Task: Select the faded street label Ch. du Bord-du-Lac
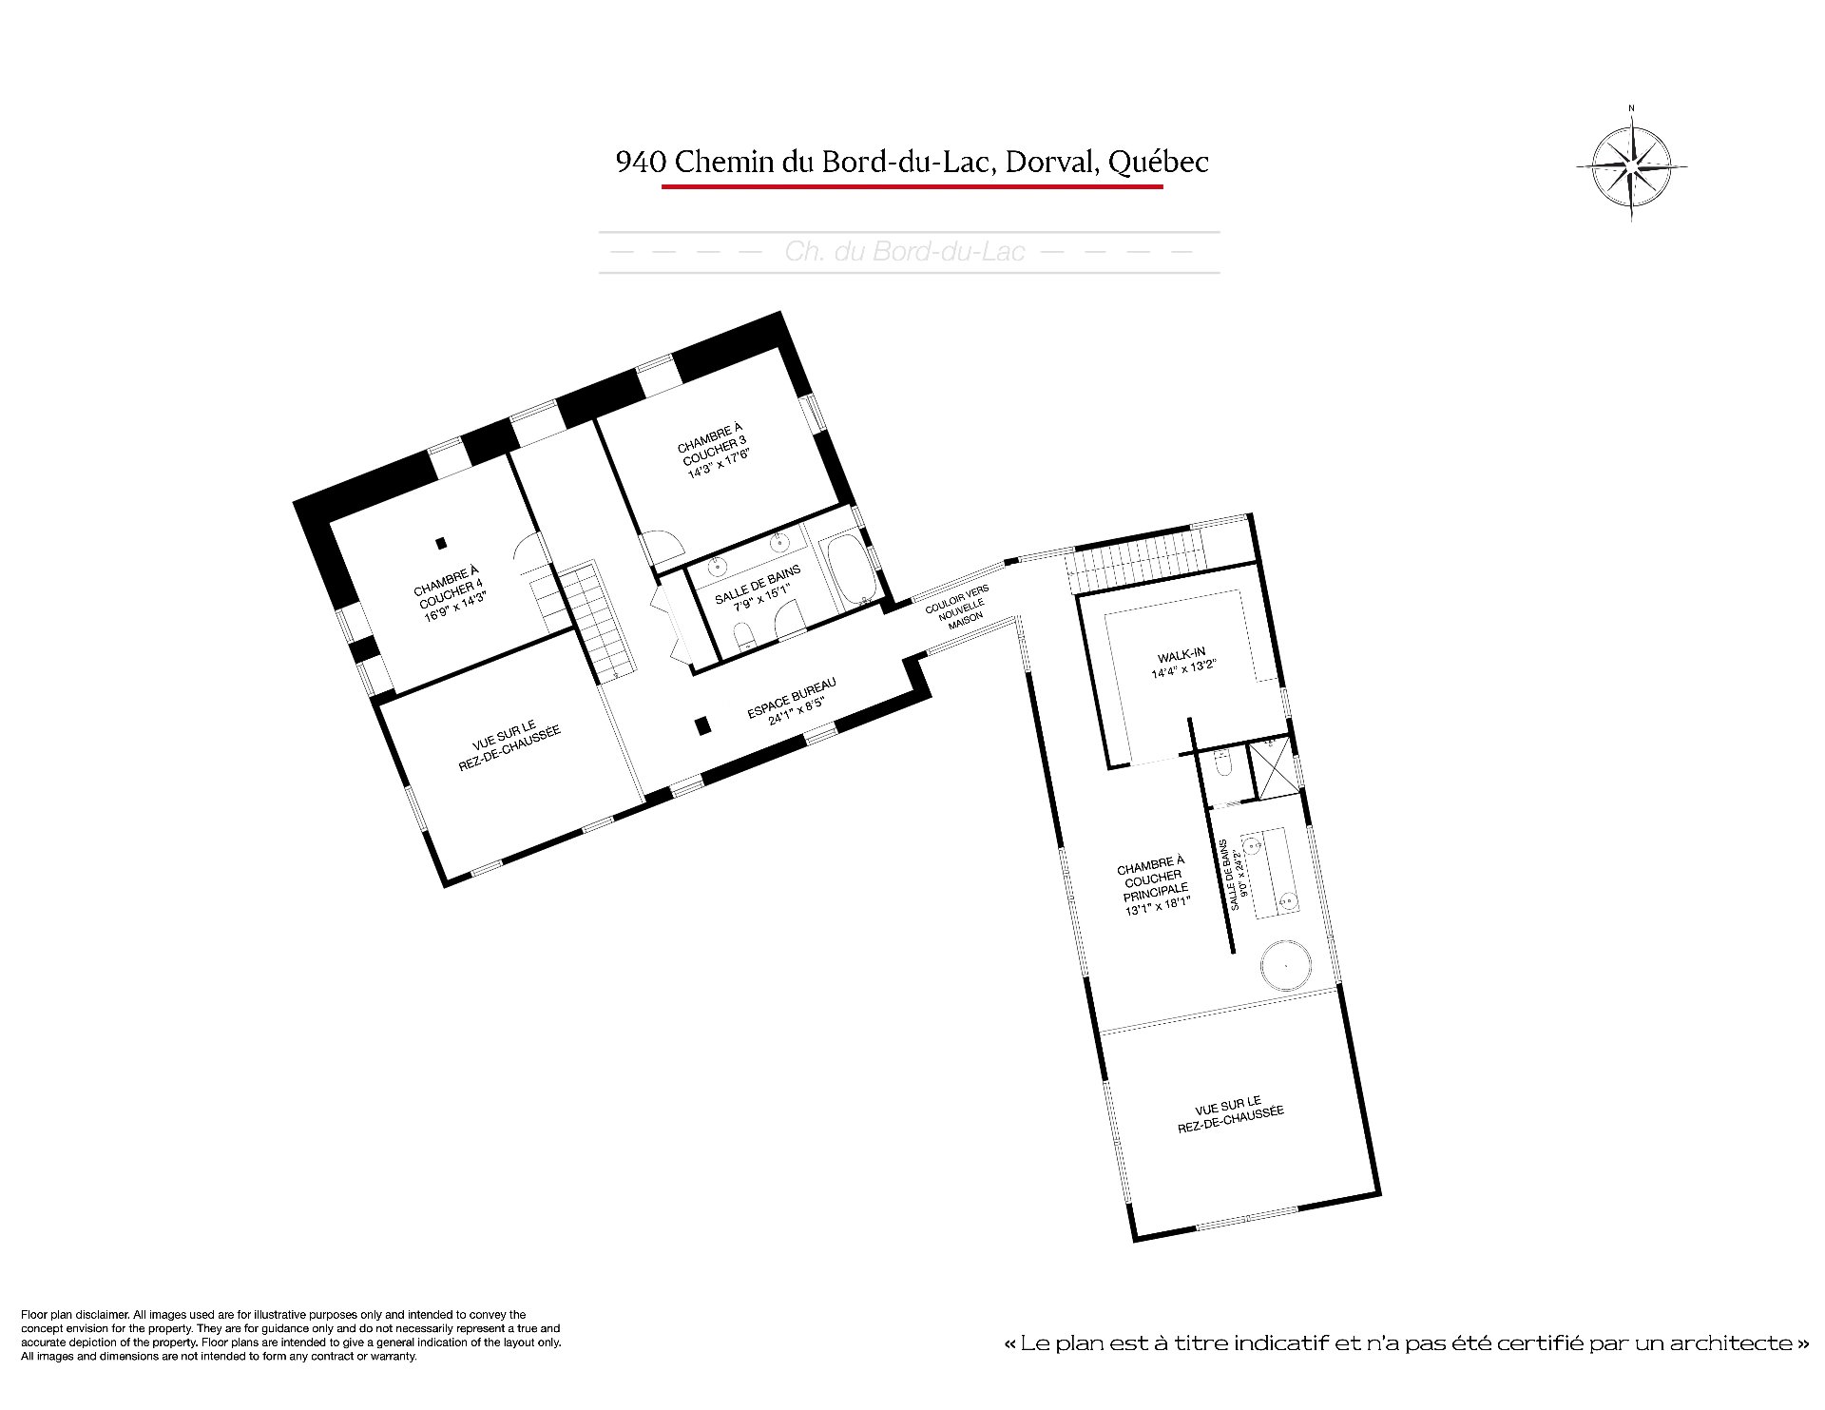[905, 252]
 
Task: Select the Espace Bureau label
[789, 701]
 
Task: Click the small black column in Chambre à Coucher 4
[440, 544]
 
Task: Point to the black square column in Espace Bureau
[702, 725]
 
